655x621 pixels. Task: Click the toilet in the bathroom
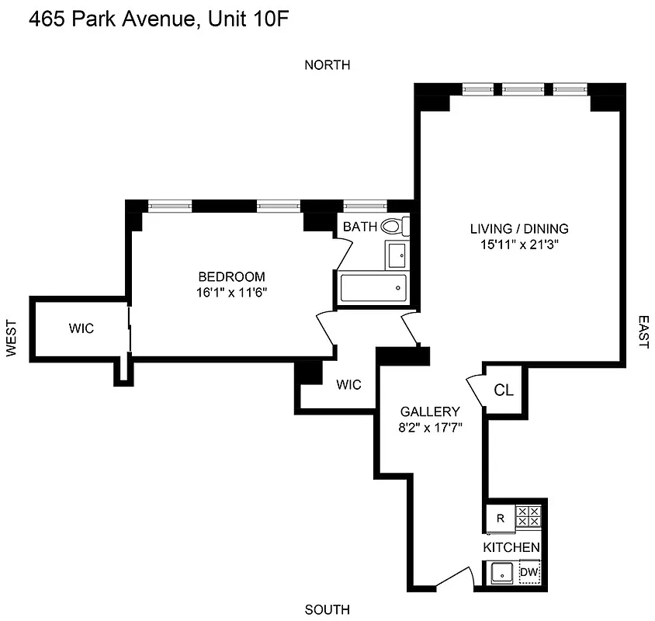coord(393,227)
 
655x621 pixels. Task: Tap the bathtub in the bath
coord(373,288)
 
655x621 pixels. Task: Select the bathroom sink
coord(397,253)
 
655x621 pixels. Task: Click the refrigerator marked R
coord(499,517)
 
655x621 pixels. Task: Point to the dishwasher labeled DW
coord(529,573)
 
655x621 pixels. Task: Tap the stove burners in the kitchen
coord(529,516)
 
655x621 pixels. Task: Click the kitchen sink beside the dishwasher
coord(502,574)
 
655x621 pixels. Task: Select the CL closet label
coord(504,390)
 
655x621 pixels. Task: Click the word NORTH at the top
coord(327,65)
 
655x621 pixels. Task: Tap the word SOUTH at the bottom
coord(327,609)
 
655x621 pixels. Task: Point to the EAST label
coord(643,331)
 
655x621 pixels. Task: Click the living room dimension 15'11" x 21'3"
coord(518,244)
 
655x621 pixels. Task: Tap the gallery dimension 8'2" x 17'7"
coord(430,427)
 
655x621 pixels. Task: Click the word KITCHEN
coord(511,548)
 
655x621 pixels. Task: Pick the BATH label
coord(360,227)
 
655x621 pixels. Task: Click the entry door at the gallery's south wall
coord(454,578)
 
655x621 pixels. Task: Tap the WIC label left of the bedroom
coord(81,328)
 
